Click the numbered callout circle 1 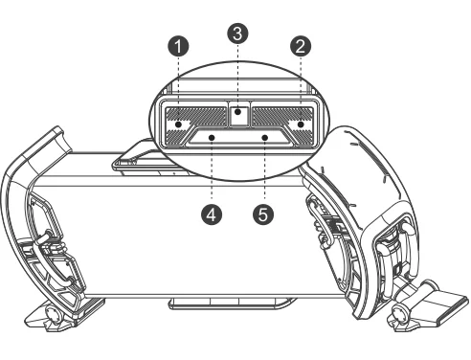[178, 46]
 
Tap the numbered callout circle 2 [301, 46]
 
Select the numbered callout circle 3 [237, 34]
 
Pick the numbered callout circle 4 [212, 214]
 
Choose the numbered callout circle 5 [263, 214]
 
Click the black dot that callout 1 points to [179, 124]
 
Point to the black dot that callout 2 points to [301, 124]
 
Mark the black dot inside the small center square [237, 112]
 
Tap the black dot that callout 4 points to [212, 138]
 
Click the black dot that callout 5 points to [264, 138]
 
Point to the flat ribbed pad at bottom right [448, 304]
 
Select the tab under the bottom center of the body [231, 304]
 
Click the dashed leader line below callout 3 [237, 77]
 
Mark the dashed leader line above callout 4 [212, 170]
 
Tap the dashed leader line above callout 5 [264, 170]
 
